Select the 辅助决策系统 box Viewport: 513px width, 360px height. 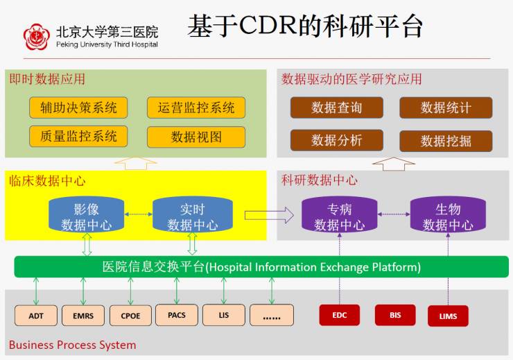pos(78,108)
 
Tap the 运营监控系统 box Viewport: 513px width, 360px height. pos(196,108)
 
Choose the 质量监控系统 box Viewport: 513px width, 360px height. pos(78,137)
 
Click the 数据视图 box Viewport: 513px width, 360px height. pos(196,137)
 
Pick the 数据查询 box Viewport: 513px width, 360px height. pos(337,108)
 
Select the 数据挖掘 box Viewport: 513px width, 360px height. pos(446,141)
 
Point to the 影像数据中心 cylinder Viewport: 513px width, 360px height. pos(86,216)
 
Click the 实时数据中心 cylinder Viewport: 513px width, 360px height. pos(192,216)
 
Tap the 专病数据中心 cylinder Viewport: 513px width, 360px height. pos(339,216)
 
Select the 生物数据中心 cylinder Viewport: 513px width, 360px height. pos(448,216)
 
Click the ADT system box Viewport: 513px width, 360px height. pos(36,316)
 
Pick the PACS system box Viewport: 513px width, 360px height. pos(177,315)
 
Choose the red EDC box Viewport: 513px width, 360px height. pos(340,315)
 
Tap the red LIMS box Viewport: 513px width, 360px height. pos(448,316)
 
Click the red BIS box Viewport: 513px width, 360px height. pos(395,315)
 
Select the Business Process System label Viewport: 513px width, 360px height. pos(72,345)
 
